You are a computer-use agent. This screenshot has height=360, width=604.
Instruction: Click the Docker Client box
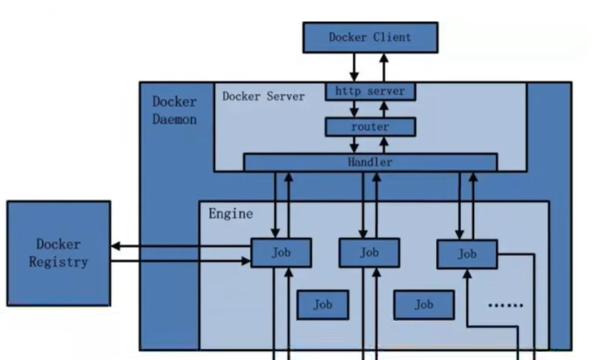pyautogui.click(x=370, y=37)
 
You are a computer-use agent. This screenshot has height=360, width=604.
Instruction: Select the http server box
pyautogui.click(x=370, y=91)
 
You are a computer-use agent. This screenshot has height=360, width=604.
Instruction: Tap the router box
pyautogui.click(x=370, y=127)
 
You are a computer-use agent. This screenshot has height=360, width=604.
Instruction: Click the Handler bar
pyautogui.click(x=370, y=163)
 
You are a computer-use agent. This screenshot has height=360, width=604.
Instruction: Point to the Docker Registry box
pyautogui.click(x=59, y=254)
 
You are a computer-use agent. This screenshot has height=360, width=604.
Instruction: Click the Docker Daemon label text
pyautogui.click(x=174, y=110)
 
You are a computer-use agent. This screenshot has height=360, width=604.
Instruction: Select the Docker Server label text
pyautogui.click(x=264, y=96)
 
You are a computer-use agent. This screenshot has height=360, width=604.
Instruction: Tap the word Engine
pyautogui.click(x=230, y=213)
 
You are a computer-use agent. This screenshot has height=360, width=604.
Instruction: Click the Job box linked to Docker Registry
pyautogui.click(x=281, y=252)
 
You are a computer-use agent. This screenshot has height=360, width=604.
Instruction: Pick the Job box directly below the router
pyautogui.click(x=369, y=252)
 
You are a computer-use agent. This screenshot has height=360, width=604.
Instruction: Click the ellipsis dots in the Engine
pyautogui.click(x=505, y=305)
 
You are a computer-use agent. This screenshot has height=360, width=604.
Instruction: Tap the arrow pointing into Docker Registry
pyautogui.click(x=178, y=246)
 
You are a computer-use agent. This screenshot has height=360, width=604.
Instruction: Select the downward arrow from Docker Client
pyautogui.click(x=354, y=67)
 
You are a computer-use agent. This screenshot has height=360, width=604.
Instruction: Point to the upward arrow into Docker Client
pyautogui.click(x=384, y=67)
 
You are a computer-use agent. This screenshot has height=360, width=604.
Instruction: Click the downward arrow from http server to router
pyautogui.click(x=354, y=109)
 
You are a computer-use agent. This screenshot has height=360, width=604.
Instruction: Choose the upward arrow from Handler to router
pyautogui.click(x=384, y=145)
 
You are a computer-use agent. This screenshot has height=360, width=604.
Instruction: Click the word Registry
pyautogui.click(x=59, y=262)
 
